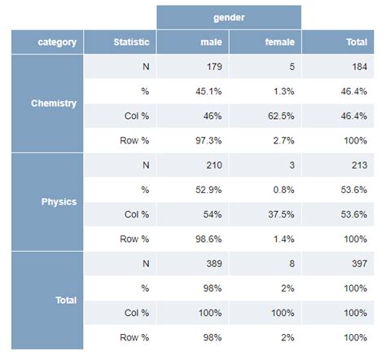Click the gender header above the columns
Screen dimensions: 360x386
pyautogui.click(x=229, y=17)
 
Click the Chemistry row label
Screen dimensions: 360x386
pyautogui.click(x=54, y=103)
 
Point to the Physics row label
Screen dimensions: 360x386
pyautogui.click(x=59, y=201)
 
